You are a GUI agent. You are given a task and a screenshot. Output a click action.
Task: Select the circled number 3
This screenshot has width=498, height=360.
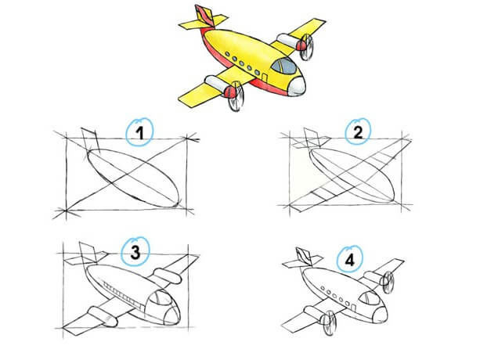click(135, 253)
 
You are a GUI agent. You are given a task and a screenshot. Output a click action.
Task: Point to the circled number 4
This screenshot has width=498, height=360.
click(350, 261)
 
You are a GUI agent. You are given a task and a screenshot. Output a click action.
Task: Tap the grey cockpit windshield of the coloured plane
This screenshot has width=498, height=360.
click(283, 66)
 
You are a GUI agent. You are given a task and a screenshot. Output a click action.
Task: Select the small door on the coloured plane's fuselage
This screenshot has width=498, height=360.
click(264, 77)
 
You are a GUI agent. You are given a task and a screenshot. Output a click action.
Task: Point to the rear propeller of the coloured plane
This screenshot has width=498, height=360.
click(307, 47)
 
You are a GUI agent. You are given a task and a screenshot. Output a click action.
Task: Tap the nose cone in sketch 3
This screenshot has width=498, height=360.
click(172, 315)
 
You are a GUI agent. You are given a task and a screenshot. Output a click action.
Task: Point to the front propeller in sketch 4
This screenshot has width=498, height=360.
click(329, 323)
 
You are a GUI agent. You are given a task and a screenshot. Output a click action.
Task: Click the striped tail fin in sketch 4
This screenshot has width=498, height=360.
click(305, 257)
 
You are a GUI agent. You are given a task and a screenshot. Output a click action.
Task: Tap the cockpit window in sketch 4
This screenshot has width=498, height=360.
click(369, 298)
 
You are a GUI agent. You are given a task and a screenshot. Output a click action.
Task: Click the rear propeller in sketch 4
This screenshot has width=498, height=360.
click(388, 282)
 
